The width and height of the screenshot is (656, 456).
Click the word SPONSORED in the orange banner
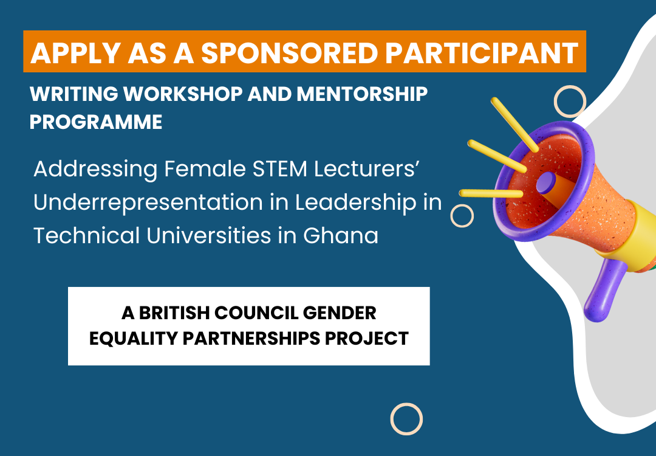coord(290,53)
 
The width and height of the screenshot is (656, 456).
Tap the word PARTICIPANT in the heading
coord(482,53)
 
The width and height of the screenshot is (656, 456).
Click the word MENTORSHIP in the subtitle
coord(362,94)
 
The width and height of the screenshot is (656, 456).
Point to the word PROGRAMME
coord(96,122)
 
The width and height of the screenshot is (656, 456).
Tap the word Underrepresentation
coord(148,203)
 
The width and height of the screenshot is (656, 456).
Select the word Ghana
coord(341,235)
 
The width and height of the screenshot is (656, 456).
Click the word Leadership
coord(356,203)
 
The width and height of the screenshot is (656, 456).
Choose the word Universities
coord(209,235)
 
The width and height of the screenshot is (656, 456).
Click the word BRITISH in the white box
coord(174,313)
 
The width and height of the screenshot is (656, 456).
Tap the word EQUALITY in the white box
coord(134,338)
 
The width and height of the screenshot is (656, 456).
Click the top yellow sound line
coord(514,125)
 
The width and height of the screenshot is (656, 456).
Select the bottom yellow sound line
coord(491,193)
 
